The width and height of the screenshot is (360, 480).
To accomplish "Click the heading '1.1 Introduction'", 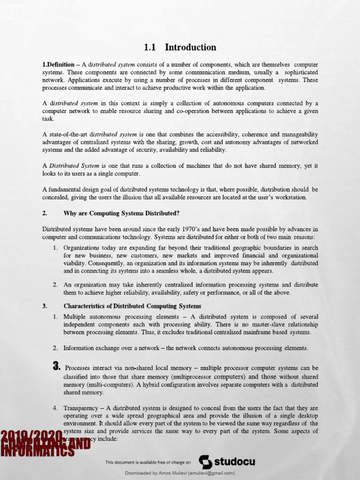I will pos(180,47).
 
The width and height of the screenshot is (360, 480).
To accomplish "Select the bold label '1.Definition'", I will pos(58,65).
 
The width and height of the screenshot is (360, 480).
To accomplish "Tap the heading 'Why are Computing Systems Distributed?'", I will pos(121,213).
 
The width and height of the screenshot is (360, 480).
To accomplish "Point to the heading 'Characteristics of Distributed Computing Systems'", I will pos(132,307).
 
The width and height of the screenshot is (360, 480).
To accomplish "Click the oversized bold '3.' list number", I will pos(57,367).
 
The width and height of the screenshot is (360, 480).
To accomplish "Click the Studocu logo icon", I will pos(205,462).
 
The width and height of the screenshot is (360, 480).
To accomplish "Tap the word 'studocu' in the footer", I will pos(234,462).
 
